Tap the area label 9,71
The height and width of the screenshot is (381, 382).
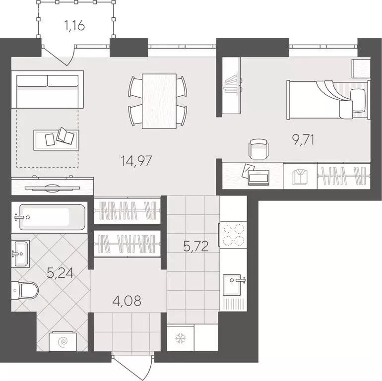click(303, 140)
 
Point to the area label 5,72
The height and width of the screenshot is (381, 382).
click(194, 245)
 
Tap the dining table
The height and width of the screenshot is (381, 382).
click(159, 101)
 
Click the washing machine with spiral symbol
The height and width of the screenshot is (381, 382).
click(63, 342)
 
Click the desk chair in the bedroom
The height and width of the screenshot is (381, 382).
click(258, 147)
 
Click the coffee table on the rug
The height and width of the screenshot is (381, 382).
click(56, 137)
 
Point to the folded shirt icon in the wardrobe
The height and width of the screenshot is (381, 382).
click(300, 176)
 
